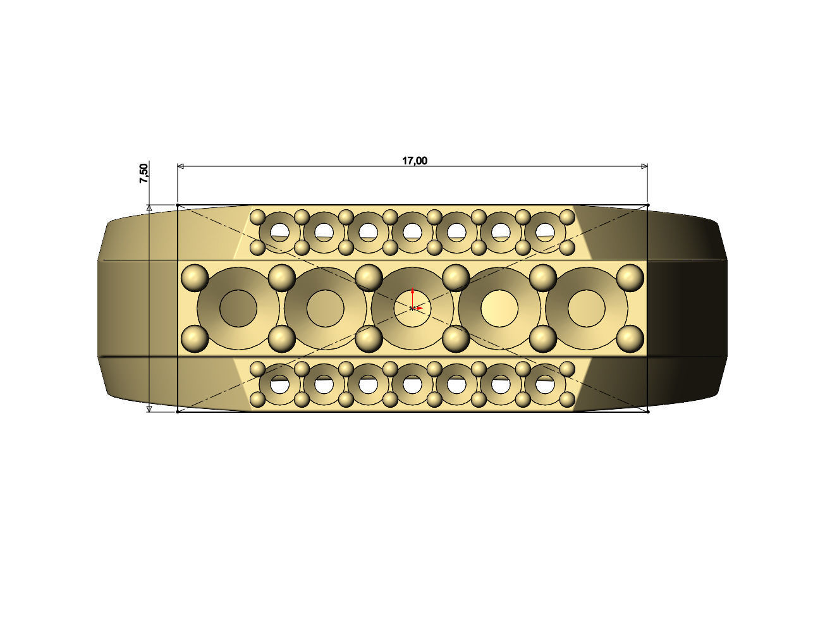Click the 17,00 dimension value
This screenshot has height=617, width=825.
[415, 161]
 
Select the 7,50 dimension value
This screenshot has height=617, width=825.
[144, 173]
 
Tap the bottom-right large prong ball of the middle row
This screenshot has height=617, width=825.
[630, 339]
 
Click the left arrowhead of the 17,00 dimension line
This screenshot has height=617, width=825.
[181, 166]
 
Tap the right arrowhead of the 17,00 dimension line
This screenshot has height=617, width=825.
[644, 166]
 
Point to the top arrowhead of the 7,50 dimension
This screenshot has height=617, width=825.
[149, 207]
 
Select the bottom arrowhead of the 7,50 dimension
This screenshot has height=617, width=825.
[149, 409]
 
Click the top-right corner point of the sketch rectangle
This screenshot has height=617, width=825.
[648, 205]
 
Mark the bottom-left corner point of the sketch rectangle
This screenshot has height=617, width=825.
[178, 412]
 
